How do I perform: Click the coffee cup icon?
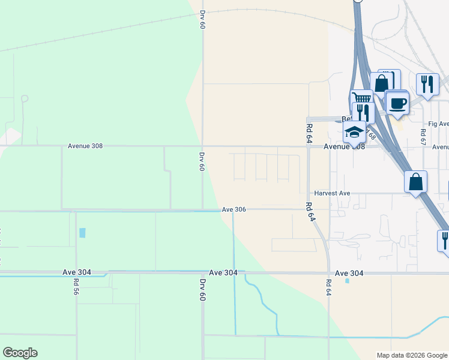tap(397, 103)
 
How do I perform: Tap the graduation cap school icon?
tap(354, 132)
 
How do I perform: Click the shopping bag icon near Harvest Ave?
tap(415, 181)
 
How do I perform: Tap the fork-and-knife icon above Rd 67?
tap(427, 83)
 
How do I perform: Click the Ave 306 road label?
tap(234, 209)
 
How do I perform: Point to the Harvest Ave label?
tap(333, 193)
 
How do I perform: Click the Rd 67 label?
tap(423, 137)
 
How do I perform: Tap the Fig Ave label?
tap(439, 124)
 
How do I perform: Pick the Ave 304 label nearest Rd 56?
tap(76, 272)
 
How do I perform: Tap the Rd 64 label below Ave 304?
tap(328, 287)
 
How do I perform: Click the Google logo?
tap(20, 353)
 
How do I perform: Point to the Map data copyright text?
tap(411, 355)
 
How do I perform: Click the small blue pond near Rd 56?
tap(82, 232)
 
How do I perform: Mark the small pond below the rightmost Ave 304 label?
tap(347, 280)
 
